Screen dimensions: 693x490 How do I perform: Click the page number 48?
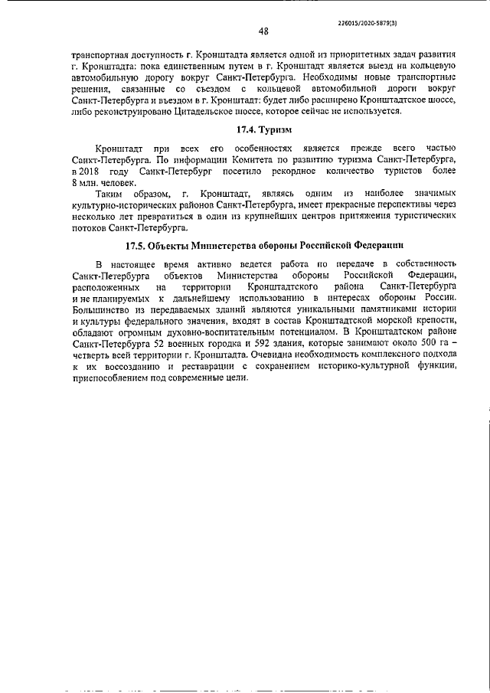(263, 31)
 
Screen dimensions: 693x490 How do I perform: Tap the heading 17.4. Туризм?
(262, 129)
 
